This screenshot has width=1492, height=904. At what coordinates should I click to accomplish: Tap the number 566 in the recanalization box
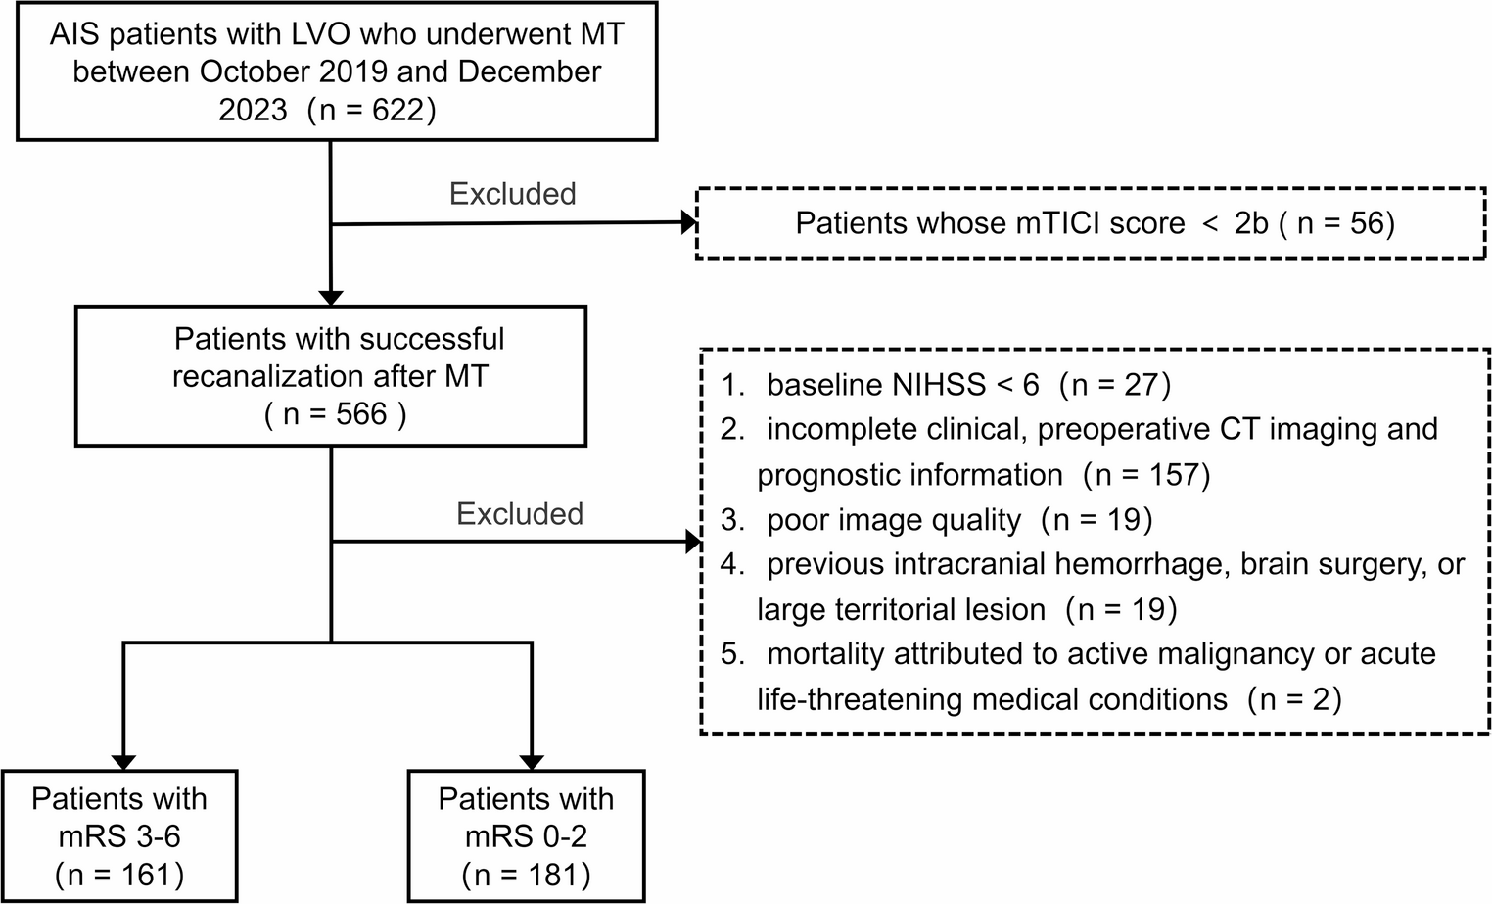(x=360, y=414)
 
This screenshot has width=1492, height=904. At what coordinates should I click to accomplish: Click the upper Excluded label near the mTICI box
(x=512, y=194)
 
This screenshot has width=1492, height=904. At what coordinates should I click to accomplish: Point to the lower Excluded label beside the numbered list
(x=519, y=514)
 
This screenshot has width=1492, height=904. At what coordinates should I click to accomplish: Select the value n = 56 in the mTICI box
(x=1343, y=223)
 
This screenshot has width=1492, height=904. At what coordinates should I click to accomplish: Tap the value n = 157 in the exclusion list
(x=1146, y=475)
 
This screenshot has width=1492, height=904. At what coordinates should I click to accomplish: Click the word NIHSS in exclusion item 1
(x=938, y=384)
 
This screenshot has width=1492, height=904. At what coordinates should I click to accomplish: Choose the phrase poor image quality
(x=894, y=520)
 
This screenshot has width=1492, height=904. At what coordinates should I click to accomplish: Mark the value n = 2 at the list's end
(x=1293, y=699)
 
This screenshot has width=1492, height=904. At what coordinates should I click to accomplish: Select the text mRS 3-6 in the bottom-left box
(x=119, y=836)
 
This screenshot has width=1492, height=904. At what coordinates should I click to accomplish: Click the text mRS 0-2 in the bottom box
(x=526, y=836)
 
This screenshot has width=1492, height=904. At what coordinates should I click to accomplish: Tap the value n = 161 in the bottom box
(x=119, y=874)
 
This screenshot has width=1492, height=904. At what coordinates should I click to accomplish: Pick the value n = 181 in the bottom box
(x=526, y=874)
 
